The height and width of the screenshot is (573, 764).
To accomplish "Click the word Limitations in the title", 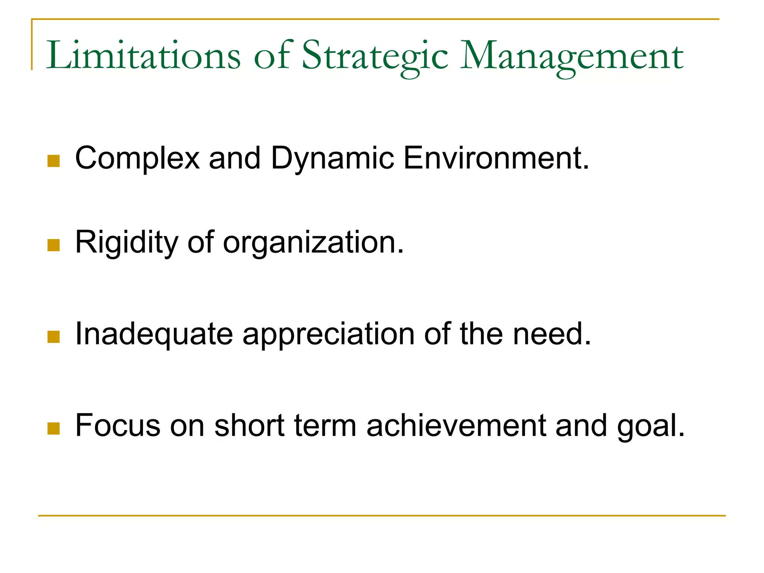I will click(x=143, y=56).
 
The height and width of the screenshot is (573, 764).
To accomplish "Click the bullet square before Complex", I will click(x=54, y=161).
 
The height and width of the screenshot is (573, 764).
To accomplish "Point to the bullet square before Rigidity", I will click(x=54, y=245).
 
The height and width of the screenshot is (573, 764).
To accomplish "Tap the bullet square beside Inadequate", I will click(x=54, y=336).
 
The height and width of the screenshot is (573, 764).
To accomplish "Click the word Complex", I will click(x=137, y=158).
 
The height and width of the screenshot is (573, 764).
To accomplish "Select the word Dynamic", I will click(x=332, y=158).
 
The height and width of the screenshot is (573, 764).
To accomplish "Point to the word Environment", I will click(x=496, y=158).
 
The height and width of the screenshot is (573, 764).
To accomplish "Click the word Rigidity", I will click(x=126, y=242).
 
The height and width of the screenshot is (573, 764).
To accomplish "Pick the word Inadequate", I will click(x=154, y=334).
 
